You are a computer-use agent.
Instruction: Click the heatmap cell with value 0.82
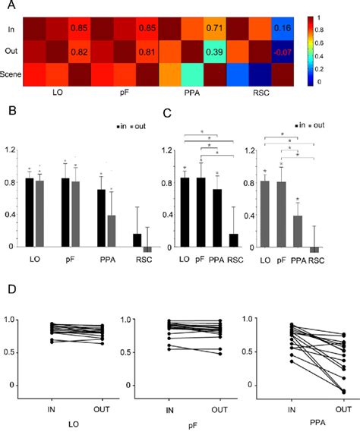pos(80,54)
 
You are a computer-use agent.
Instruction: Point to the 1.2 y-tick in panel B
pos(10,148)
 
